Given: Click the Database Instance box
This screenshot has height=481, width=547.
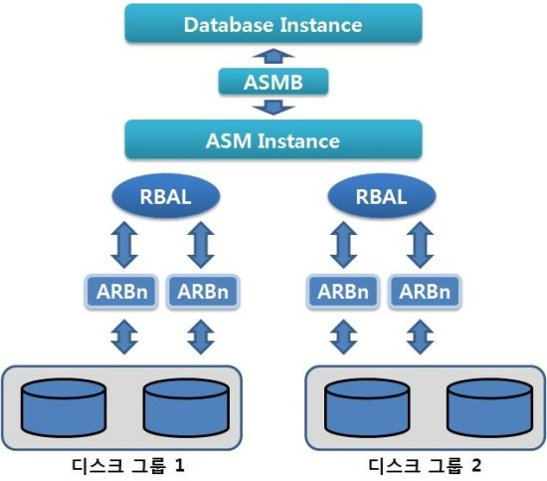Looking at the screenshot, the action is (273, 24).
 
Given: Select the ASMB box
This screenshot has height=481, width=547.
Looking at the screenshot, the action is (273, 82).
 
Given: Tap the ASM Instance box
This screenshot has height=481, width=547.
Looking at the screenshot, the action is (273, 139).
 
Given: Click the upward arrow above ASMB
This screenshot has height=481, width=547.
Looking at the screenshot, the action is (273, 56).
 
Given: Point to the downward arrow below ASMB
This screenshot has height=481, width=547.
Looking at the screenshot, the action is (273, 108).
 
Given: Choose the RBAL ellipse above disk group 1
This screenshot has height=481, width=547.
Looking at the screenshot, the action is (166, 196).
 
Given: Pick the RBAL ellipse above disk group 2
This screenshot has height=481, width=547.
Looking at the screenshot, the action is (382, 196).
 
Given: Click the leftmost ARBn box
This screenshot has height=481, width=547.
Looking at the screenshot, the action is (121, 292).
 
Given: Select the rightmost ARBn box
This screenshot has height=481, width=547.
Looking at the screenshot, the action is (425, 292).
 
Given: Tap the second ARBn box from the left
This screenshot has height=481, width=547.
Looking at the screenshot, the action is (203, 292).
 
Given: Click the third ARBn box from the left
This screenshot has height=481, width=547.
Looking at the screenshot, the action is (343, 292).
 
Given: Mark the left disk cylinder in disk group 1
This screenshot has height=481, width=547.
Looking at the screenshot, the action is (64, 408).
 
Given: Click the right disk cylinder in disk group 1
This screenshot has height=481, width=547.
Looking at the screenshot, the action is (187, 408).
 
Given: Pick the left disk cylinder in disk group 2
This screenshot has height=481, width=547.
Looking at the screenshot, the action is (367, 408).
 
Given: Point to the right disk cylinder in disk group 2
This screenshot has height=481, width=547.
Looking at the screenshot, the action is (490, 408).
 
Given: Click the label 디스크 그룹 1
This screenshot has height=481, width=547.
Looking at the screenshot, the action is (128, 466).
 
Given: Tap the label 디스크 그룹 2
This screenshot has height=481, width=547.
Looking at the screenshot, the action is (425, 466).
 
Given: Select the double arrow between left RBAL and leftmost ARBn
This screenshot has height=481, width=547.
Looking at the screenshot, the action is (124, 245).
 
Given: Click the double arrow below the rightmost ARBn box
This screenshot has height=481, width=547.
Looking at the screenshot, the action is (421, 337).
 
